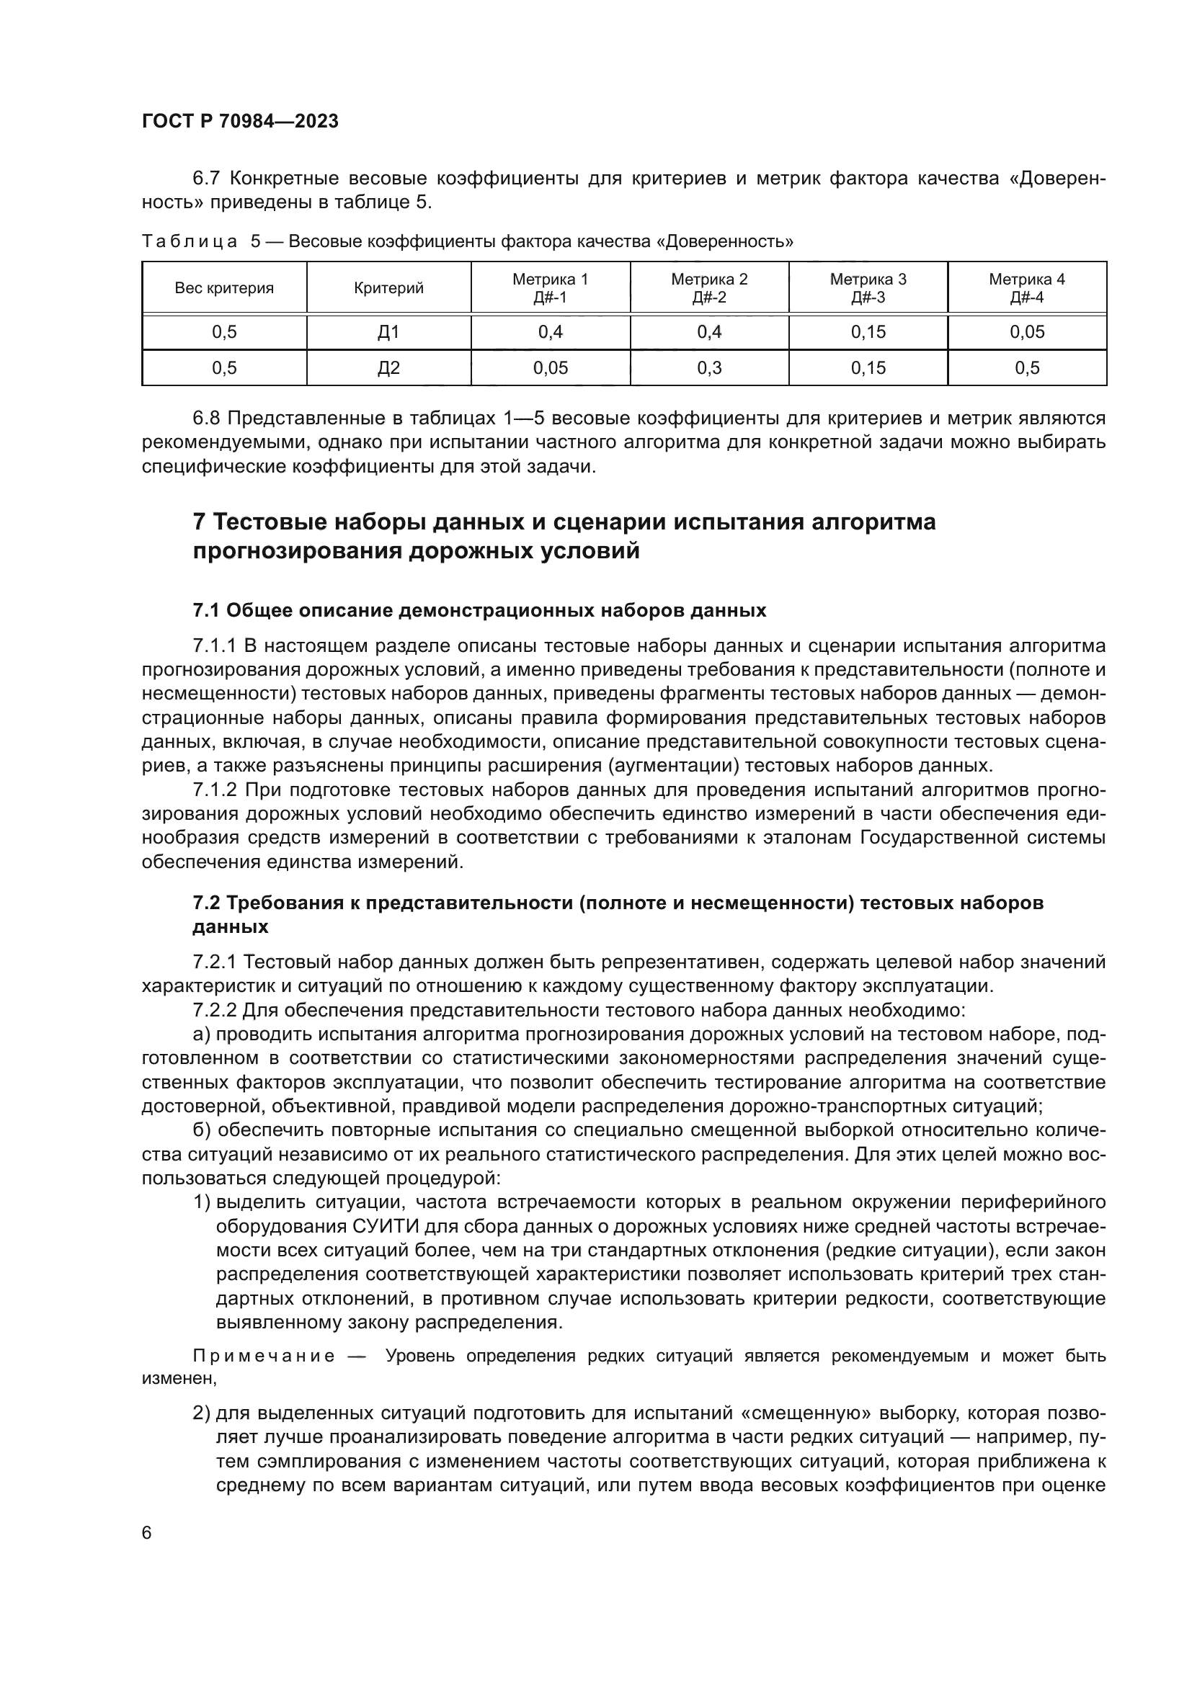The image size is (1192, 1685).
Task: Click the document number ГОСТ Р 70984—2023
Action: coord(240,122)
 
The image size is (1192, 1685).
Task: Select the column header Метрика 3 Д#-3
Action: coord(868,287)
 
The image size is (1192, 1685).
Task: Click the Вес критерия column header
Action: coord(224,288)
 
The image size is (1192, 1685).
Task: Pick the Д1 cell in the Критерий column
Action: coord(388,332)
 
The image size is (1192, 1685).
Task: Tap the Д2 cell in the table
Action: coord(388,368)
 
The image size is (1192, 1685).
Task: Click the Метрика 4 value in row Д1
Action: coord(1026,332)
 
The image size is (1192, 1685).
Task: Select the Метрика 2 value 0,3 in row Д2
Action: coord(709,368)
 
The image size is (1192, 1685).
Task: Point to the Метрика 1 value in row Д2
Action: coord(550,368)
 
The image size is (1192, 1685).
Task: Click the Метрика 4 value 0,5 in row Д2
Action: coord(1026,368)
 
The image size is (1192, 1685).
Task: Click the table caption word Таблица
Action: coord(190,241)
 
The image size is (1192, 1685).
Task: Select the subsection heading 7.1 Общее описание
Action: coord(479,611)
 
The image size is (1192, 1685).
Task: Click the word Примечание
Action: coord(264,1357)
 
